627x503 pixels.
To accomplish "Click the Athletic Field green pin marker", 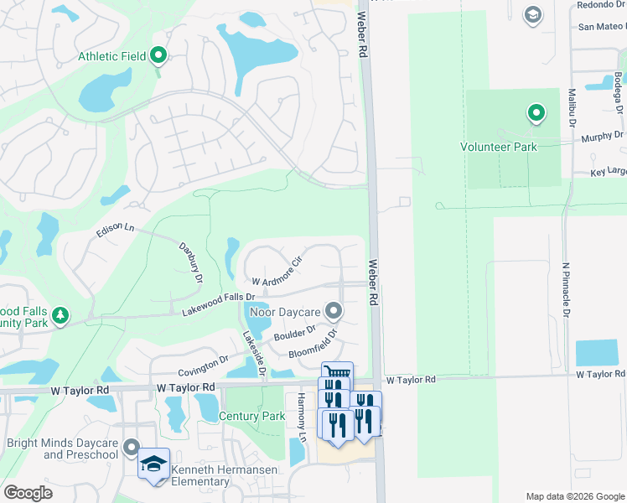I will click(158, 56).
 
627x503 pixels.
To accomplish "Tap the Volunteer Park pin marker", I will click(536, 112).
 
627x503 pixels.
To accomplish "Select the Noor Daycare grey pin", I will click(334, 312).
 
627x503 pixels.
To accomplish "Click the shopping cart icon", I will click(337, 373).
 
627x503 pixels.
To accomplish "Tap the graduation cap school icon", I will click(154, 464).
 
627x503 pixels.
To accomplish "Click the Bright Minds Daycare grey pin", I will click(131, 446).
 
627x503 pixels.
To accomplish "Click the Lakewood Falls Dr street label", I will click(218, 304).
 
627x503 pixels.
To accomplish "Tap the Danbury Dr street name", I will click(191, 262).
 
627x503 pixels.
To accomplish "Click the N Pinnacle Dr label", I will click(566, 290).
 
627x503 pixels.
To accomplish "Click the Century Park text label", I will click(252, 417).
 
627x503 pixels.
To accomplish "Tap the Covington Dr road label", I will click(203, 365).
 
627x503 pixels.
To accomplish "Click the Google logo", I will click(28, 493).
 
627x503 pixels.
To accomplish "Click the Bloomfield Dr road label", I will click(313, 345).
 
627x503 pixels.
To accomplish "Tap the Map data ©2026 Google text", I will click(574, 496).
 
